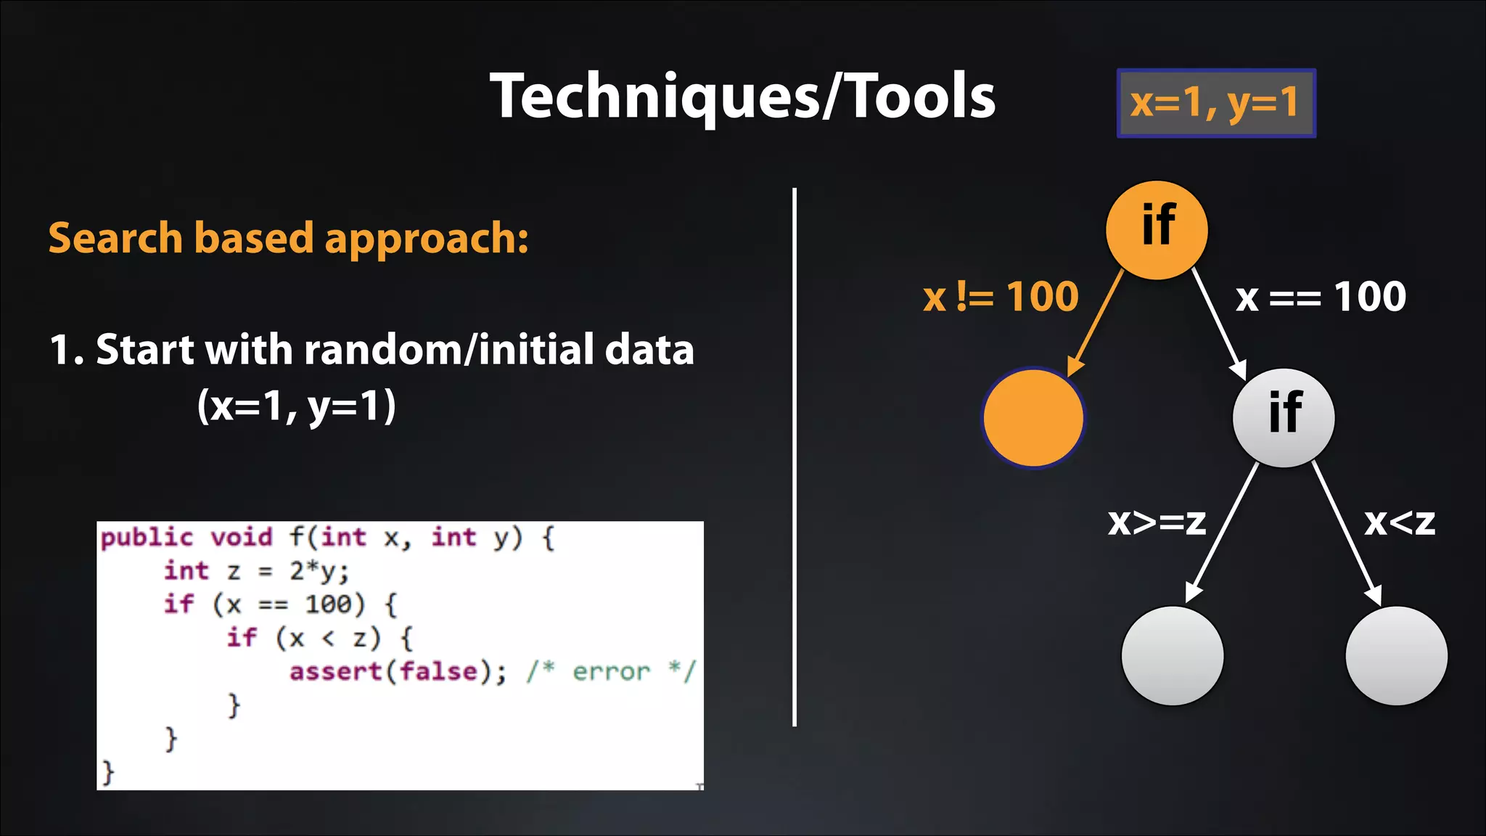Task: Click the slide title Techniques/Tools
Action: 742,97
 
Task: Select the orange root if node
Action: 1157,229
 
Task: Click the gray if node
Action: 1284,417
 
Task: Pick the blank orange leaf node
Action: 1033,418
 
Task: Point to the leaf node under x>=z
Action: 1172,655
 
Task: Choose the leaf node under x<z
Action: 1396,655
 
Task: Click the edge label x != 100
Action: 1001,297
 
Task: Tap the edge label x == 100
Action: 1321,297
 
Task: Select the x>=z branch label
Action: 1157,522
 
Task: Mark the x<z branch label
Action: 1399,522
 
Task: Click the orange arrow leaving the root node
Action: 1096,321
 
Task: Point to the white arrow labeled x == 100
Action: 1220,324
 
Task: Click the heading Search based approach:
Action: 288,238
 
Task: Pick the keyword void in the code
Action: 242,538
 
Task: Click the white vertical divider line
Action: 795,457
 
